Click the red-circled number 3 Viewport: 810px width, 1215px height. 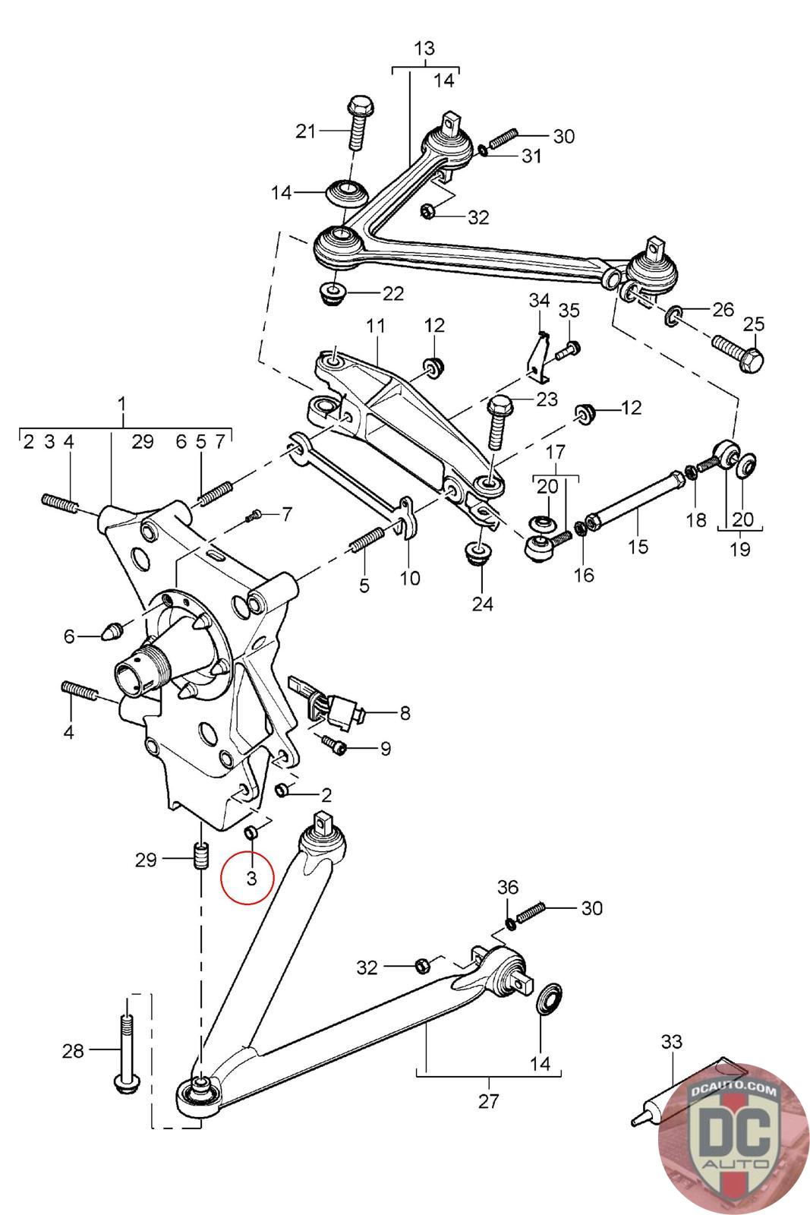(251, 878)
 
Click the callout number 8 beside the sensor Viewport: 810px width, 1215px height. (405, 713)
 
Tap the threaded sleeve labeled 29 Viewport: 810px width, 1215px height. (201, 855)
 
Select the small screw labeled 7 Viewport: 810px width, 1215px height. (254, 517)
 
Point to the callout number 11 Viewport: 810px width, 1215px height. (375, 326)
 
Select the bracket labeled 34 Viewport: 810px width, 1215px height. (538, 354)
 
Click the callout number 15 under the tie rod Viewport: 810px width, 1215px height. (638, 546)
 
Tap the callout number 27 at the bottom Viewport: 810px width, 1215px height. (488, 1101)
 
